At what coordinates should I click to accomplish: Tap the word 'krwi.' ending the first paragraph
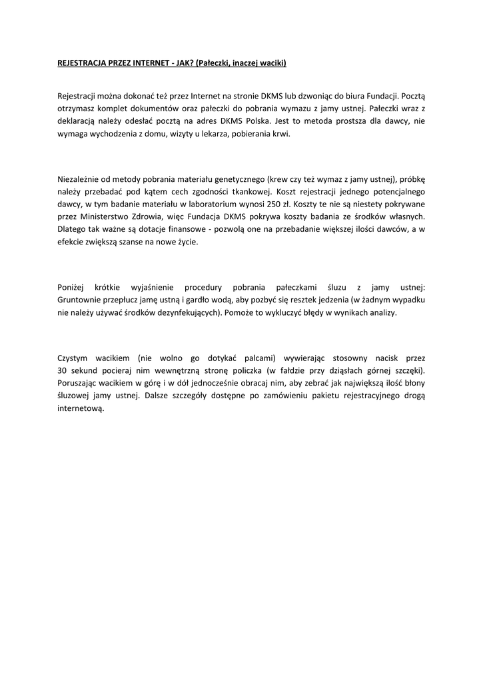[x=280, y=134]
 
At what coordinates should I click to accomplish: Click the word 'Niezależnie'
[x=81, y=179]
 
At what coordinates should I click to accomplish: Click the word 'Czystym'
[x=74, y=358]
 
